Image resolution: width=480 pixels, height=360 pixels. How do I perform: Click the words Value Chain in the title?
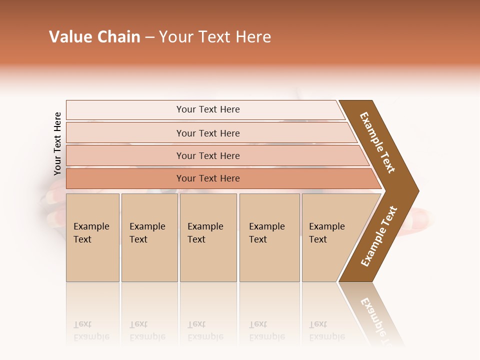(94, 37)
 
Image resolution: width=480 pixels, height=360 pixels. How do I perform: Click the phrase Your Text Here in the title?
(215, 37)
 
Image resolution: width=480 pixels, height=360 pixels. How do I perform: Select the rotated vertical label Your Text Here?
(57, 143)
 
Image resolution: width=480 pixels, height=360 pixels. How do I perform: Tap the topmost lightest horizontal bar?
(207, 109)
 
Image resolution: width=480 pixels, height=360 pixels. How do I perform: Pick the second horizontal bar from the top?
(207, 133)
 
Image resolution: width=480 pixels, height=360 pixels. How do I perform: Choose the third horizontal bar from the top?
(207, 155)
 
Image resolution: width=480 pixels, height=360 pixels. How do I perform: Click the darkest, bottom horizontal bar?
(207, 178)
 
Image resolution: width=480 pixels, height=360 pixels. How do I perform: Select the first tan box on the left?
(92, 237)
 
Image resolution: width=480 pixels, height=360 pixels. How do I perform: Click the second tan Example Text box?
(149, 237)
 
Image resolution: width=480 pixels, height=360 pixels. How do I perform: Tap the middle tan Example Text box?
(208, 237)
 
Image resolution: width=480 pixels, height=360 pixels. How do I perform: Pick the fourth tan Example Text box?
(269, 237)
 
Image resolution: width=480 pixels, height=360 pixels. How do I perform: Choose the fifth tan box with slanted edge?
(330, 237)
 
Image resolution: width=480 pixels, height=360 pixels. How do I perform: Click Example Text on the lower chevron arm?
(379, 236)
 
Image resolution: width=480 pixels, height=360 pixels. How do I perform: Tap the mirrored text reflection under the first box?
(91, 330)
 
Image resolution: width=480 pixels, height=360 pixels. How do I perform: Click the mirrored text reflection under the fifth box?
(326, 330)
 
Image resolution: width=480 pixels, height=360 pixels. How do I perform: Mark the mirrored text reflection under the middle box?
(205, 330)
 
